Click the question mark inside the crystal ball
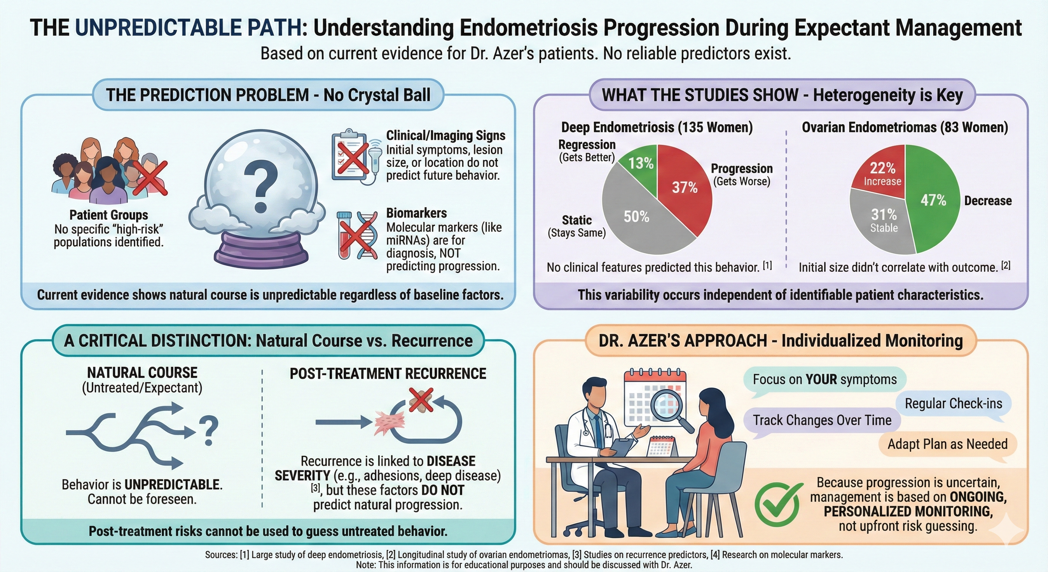pos(260,186)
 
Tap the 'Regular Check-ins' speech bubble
pos(953,403)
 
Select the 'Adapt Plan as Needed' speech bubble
pos(947,444)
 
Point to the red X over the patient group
pos(150,178)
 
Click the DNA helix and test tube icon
pos(358,235)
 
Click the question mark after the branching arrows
pos(208,430)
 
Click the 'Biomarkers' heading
pos(416,213)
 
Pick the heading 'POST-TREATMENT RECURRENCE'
pos(388,373)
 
